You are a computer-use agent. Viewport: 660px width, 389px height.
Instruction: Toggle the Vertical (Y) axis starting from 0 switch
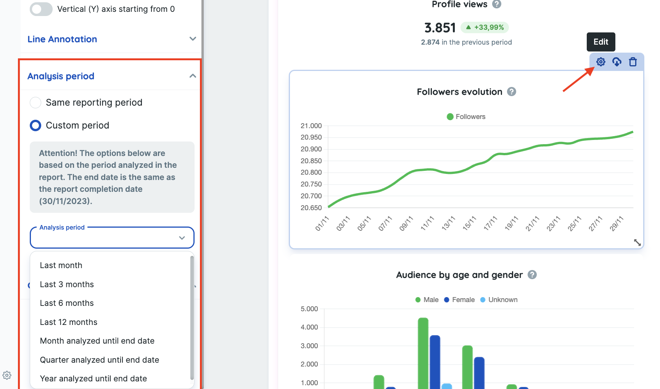(41, 9)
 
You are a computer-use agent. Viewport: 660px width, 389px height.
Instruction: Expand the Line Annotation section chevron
(193, 39)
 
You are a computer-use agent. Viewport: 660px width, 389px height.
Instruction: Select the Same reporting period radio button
(35, 103)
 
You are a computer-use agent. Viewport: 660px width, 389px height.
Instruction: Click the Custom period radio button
(35, 125)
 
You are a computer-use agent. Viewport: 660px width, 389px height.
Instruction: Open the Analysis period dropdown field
(112, 238)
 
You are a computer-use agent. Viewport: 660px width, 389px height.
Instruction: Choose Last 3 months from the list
(67, 285)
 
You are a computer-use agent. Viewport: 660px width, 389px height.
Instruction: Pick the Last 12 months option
(69, 322)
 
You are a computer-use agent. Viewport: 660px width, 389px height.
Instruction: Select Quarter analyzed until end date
(99, 360)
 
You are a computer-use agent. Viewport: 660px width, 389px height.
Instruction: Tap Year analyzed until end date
(93, 379)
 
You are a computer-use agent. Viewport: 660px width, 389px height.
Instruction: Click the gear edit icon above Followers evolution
(600, 62)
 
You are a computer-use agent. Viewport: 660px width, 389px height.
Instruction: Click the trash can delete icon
(633, 62)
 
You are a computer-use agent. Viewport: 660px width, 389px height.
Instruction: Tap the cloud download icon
(617, 62)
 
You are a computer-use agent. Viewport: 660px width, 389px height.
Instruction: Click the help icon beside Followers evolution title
(512, 92)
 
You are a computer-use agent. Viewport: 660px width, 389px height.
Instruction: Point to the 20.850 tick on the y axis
(311, 161)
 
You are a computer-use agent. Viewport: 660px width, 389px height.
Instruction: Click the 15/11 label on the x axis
(469, 223)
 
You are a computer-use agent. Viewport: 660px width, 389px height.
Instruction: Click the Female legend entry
(459, 300)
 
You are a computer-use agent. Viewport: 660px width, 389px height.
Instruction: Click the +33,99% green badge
(485, 27)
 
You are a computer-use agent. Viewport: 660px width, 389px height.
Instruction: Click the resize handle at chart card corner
(637, 243)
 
